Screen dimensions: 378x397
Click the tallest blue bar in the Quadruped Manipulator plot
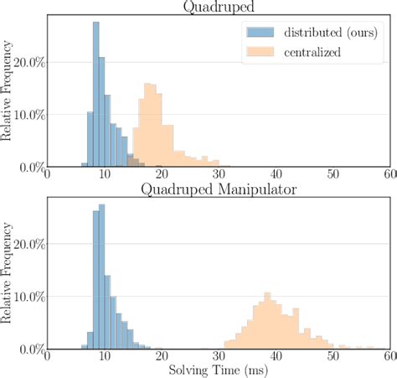pyautogui.click(x=101, y=277)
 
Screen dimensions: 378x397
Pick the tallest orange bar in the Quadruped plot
pyautogui.click(x=148, y=125)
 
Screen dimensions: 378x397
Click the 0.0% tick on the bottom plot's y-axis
pyautogui.click(x=31, y=349)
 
